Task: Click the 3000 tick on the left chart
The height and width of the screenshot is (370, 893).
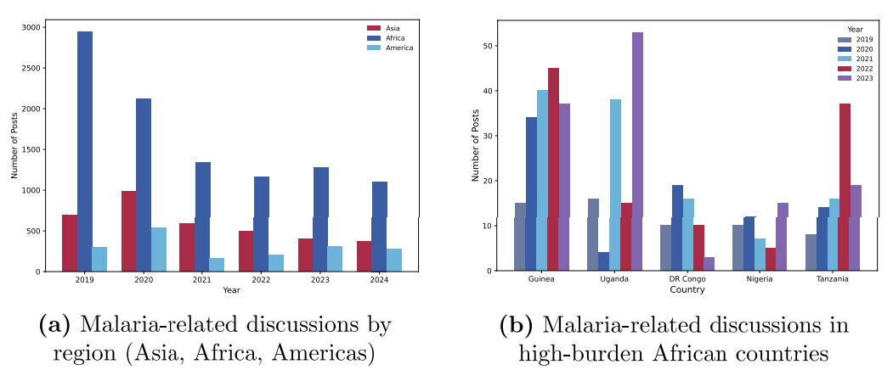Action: click(x=30, y=27)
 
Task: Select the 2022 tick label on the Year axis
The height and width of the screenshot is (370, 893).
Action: click(x=261, y=278)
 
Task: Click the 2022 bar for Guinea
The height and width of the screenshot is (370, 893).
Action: click(x=553, y=169)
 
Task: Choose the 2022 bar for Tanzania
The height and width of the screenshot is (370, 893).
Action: click(x=845, y=187)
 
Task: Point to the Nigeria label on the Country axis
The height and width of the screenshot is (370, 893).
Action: click(x=759, y=278)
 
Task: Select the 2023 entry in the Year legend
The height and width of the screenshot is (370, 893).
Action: click(x=863, y=78)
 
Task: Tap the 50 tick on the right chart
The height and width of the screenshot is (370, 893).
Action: click(x=490, y=46)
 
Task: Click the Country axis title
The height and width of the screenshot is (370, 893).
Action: click(x=687, y=289)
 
